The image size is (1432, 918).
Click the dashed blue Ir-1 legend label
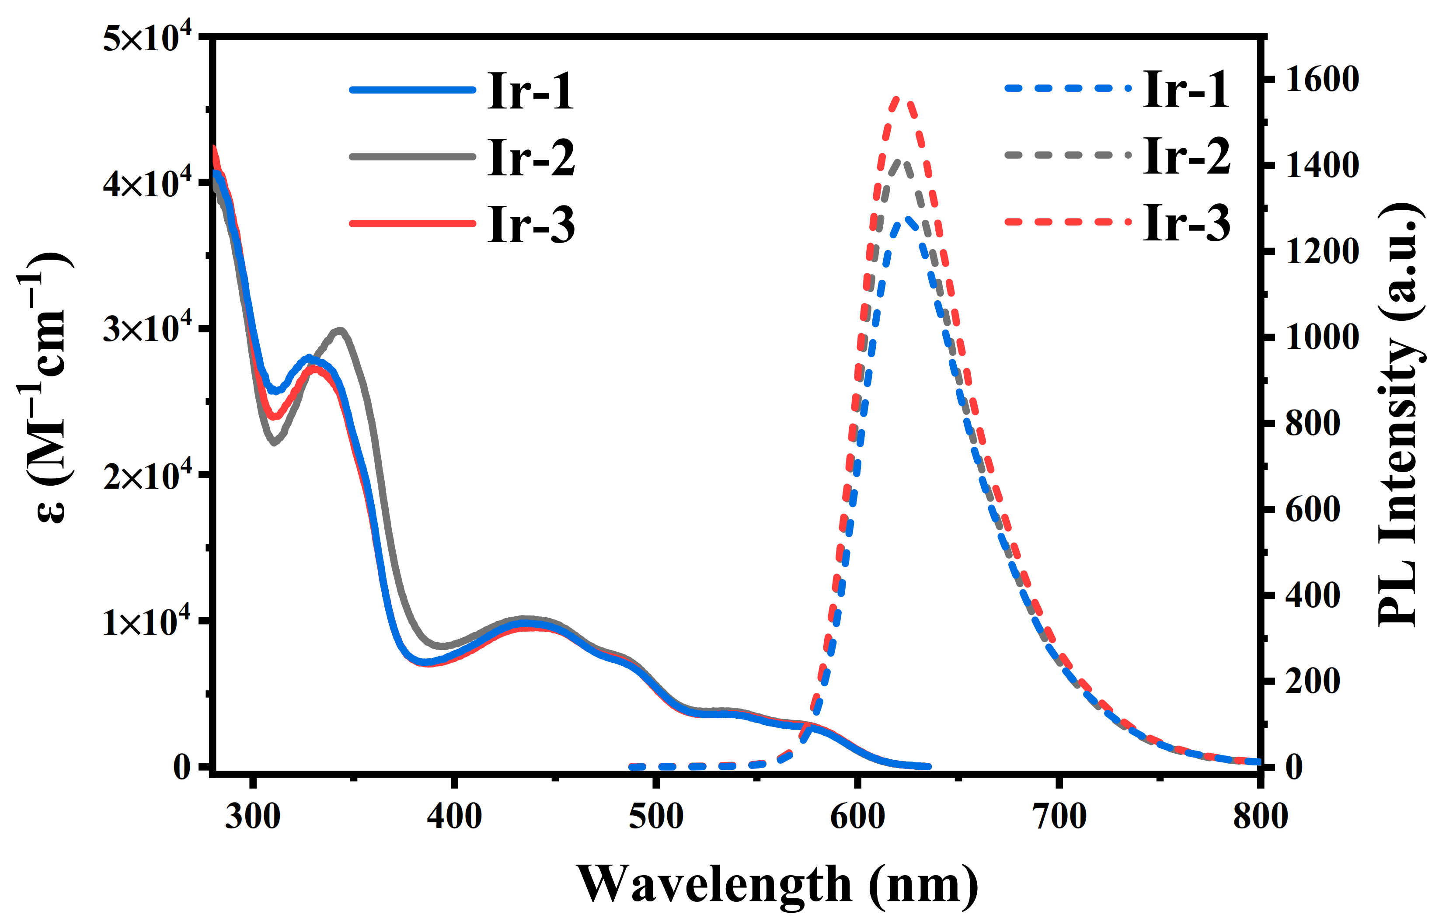1186,90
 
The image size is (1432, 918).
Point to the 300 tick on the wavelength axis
253,816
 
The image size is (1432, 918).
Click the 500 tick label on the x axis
656,816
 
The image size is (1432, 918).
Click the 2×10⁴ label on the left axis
148,476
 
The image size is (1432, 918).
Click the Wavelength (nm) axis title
777,884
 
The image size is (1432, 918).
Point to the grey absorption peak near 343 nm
340,330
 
